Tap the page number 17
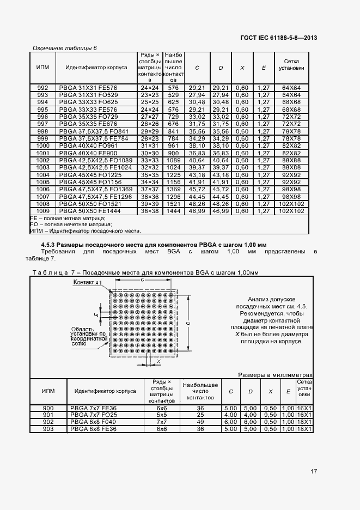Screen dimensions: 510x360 click(314, 472)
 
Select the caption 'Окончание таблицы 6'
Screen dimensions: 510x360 click(65, 48)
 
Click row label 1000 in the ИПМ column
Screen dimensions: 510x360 click(42, 146)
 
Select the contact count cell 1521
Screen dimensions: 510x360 click(173, 203)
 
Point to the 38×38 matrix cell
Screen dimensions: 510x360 click(149, 210)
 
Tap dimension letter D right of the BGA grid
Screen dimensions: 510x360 click(187, 323)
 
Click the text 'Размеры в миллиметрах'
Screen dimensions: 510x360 click(276, 375)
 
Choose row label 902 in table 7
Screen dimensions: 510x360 click(48, 422)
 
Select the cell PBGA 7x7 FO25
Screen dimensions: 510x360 click(93, 415)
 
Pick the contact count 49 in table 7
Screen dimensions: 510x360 click(200, 422)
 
